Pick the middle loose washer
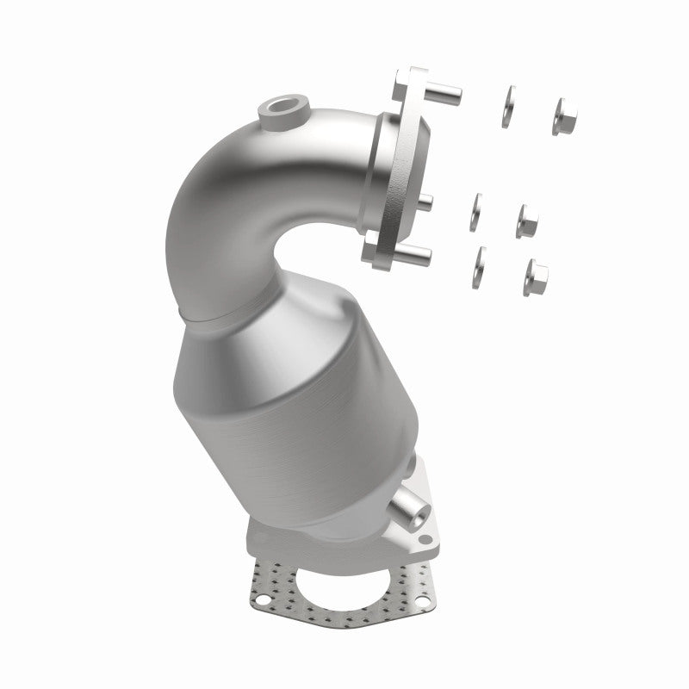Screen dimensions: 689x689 475,211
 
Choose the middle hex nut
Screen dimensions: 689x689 526,220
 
